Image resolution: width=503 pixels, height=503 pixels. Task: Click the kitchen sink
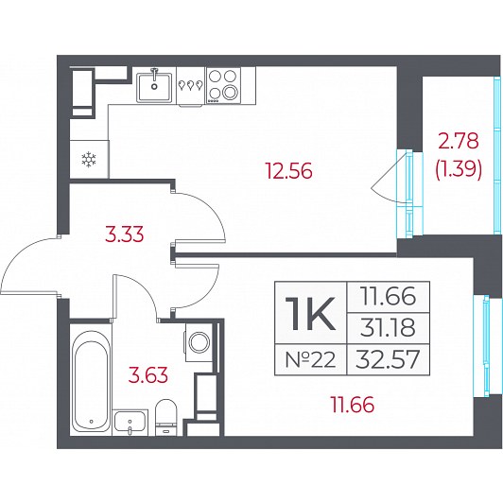154,86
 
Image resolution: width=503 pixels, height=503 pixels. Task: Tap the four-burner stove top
223,86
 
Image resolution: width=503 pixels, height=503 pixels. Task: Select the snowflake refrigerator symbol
89,160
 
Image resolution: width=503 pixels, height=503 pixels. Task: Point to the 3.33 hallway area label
125,234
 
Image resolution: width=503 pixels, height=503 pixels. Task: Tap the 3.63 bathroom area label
147,375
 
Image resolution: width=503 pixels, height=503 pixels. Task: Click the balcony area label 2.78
459,141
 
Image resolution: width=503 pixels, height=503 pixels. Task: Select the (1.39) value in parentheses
459,168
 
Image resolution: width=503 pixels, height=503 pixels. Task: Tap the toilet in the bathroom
166,417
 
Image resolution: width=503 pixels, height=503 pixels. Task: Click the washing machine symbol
199,342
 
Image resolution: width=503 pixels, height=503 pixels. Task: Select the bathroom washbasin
130,422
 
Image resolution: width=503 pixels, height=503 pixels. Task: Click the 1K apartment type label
310,313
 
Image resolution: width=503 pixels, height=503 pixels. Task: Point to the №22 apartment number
310,359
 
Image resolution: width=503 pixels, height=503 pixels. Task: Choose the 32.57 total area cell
388,359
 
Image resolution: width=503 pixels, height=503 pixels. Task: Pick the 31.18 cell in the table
388,328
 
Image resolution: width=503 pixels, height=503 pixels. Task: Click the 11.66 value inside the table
388,296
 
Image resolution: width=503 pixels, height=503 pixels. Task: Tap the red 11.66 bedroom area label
353,405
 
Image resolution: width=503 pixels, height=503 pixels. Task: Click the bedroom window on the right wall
487,346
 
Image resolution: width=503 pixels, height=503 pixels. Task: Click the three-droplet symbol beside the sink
191,85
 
